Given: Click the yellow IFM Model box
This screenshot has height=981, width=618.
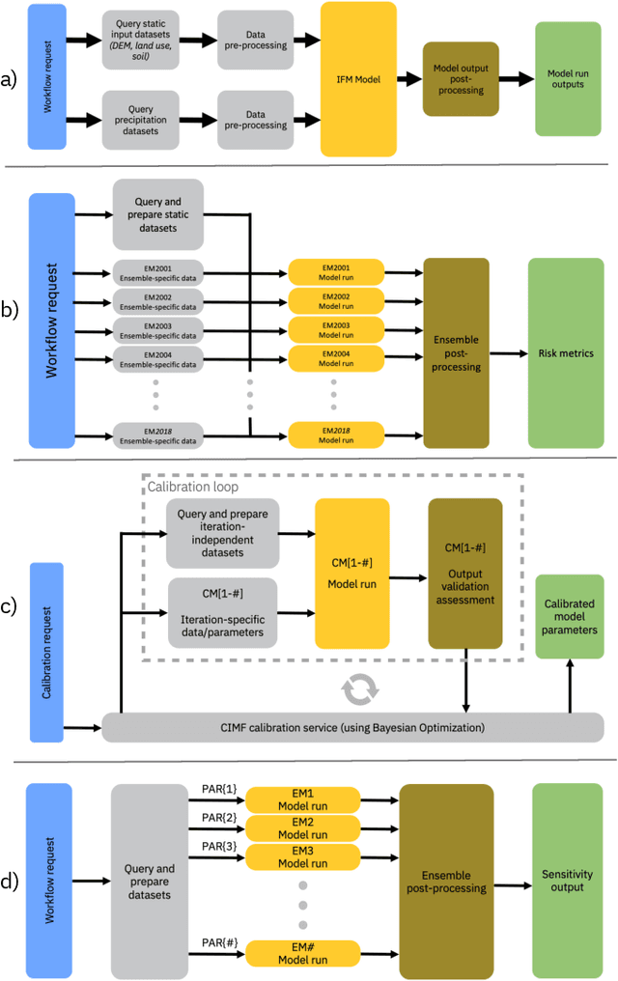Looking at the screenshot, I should click(358, 79).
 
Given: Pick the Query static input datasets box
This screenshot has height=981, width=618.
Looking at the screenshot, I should click(145, 40).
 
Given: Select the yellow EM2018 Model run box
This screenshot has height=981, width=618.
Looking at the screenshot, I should click(336, 434).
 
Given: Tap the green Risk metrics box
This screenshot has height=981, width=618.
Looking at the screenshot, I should click(566, 353).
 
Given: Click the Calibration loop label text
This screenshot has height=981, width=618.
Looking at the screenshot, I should click(186, 488).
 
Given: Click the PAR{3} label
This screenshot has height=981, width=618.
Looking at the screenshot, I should click(212, 846).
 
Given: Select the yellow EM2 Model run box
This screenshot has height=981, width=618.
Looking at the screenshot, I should click(302, 828).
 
